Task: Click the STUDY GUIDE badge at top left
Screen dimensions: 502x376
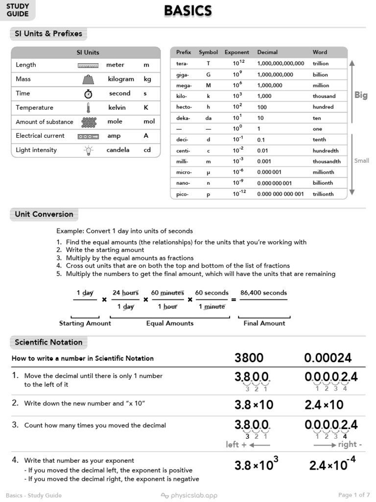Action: pyautogui.click(x=18, y=10)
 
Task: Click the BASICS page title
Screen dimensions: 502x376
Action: pyautogui.click(x=188, y=11)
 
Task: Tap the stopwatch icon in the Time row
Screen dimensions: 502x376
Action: pyautogui.click(x=88, y=94)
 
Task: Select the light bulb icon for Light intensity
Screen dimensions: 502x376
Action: pyautogui.click(x=88, y=150)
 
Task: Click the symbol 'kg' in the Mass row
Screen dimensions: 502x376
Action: pyautogui.click(x=147, y=79)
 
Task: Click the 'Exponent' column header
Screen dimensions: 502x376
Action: pyautogui.click(x=236, y=52)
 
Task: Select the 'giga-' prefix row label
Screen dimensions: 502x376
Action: pyautogui.click(x=183, y=75)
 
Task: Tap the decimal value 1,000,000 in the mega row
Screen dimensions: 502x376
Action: pyautogui.click(x=269, y=85)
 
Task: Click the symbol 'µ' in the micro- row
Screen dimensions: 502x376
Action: pyautogui.click(x=208, y=173)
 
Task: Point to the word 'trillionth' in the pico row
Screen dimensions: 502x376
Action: pyautogui.click(x=323, y=194)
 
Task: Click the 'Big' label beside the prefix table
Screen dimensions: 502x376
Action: pyautogui.click(x=361, y=95)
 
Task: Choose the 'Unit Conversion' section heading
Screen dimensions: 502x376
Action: pyautogui.click(x=44, y=214)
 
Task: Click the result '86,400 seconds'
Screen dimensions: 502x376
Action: pyautogui.click(x=263, y=293)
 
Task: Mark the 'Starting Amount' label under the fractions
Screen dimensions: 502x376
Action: pyautogui.click(x=85, y=323)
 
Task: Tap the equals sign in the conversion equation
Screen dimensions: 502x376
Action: pyautogui.click(x=234, y=300)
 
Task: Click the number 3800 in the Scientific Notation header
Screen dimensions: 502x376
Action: pyautogui.click(x=249, y=358)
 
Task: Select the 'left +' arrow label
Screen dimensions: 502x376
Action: pyautogui.click(x=248, y=445)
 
